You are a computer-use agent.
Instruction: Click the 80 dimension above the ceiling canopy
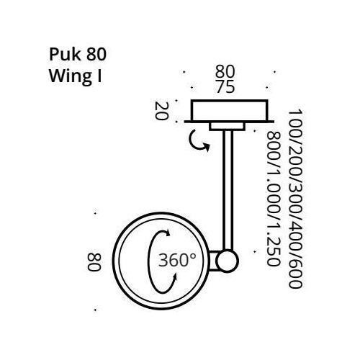(x=226, y=72)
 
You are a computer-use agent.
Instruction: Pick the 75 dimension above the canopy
(x=226, y=86)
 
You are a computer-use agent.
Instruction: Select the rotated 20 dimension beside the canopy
(x=162, y=112)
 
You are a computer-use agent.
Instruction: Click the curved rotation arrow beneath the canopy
(x=198, y=142)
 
